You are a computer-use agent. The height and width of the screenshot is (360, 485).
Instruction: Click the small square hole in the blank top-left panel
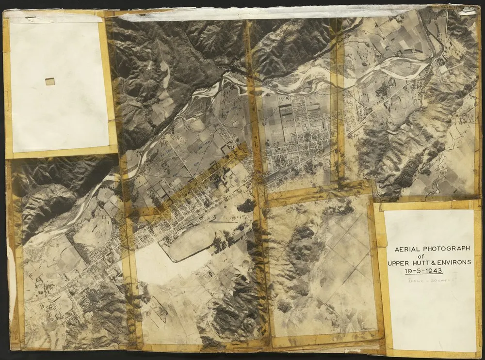tap(50, 81)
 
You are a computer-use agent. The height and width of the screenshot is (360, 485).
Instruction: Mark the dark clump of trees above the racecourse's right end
tap(246, 206)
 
